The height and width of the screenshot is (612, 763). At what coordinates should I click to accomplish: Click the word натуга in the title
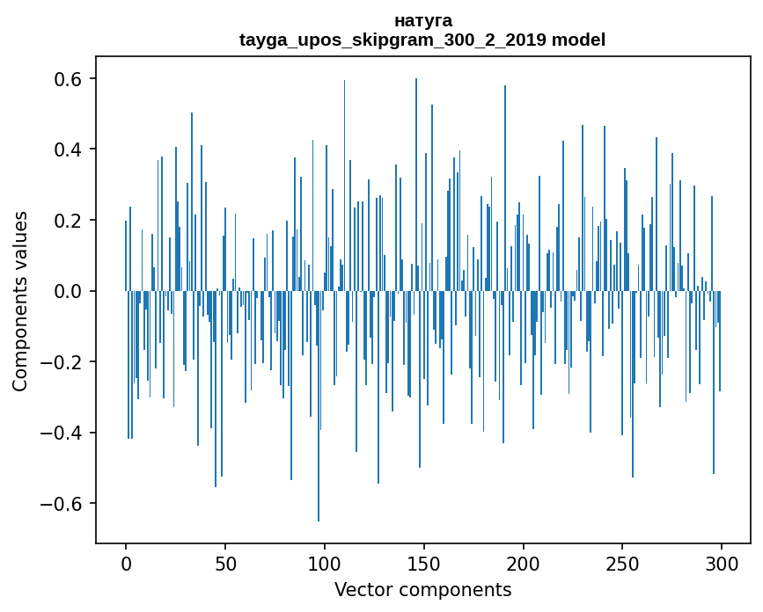point(422,20)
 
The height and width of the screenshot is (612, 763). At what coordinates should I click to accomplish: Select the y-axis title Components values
point(20,301)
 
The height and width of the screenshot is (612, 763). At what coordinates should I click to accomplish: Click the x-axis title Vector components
point(422,590)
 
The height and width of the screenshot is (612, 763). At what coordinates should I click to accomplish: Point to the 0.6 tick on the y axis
point(69,79)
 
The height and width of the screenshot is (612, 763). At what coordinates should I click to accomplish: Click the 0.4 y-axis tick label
point(69,149)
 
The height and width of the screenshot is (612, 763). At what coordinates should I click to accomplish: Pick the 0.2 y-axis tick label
point(69,221)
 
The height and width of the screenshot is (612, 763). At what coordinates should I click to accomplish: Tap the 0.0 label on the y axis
point(69,291)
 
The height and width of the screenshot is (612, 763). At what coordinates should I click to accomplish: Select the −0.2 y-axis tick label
point(62,362)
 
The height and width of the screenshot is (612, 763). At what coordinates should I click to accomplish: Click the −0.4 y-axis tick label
point(62,433)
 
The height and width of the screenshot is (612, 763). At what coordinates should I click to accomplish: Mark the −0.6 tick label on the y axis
point(62,504)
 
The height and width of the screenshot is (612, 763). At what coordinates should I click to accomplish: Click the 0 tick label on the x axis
point(126,563)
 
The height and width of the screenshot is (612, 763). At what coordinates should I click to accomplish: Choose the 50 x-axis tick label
point(225,563)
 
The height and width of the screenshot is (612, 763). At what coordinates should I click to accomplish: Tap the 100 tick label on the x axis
point(325,563)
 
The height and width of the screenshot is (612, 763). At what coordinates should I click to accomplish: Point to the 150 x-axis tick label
point(423,563)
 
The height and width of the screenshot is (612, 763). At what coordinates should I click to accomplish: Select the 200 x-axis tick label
point(523,563)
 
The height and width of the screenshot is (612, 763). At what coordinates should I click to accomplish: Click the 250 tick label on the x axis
point(622,563)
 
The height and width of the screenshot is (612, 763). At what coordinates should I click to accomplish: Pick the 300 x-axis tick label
point(722,563)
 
